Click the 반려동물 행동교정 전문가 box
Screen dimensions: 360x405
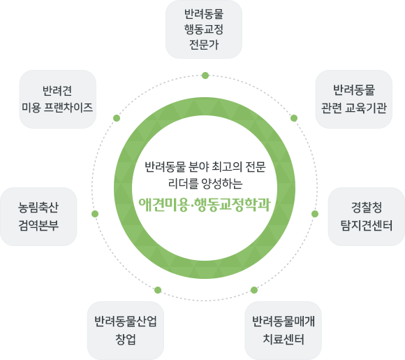203,29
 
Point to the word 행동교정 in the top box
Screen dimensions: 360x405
203,29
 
